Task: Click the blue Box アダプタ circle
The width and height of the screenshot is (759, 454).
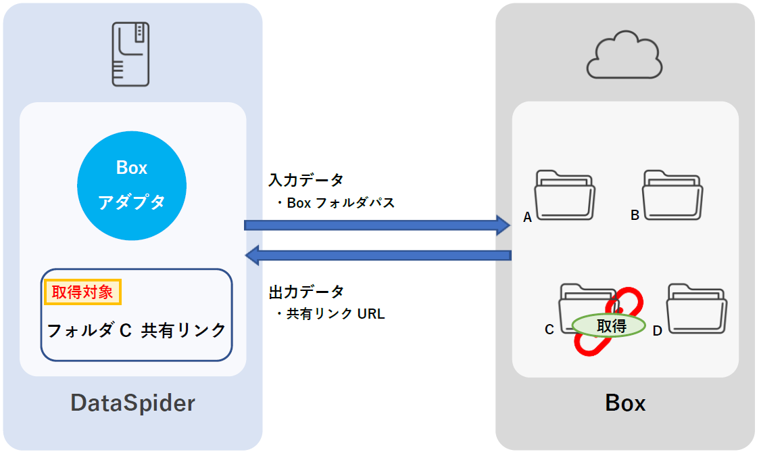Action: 131,185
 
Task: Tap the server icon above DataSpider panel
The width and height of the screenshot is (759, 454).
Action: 130,54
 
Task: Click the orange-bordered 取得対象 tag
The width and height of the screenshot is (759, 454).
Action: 82,292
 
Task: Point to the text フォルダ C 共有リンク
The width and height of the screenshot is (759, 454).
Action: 137,330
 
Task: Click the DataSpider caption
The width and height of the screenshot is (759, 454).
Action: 132,403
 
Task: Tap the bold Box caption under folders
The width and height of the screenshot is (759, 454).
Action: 625,403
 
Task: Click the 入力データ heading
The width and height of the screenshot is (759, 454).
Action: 306,180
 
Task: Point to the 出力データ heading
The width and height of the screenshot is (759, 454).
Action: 306,292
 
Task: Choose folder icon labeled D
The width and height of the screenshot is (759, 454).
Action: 697,308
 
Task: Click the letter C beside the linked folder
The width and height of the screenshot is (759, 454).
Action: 549,330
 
